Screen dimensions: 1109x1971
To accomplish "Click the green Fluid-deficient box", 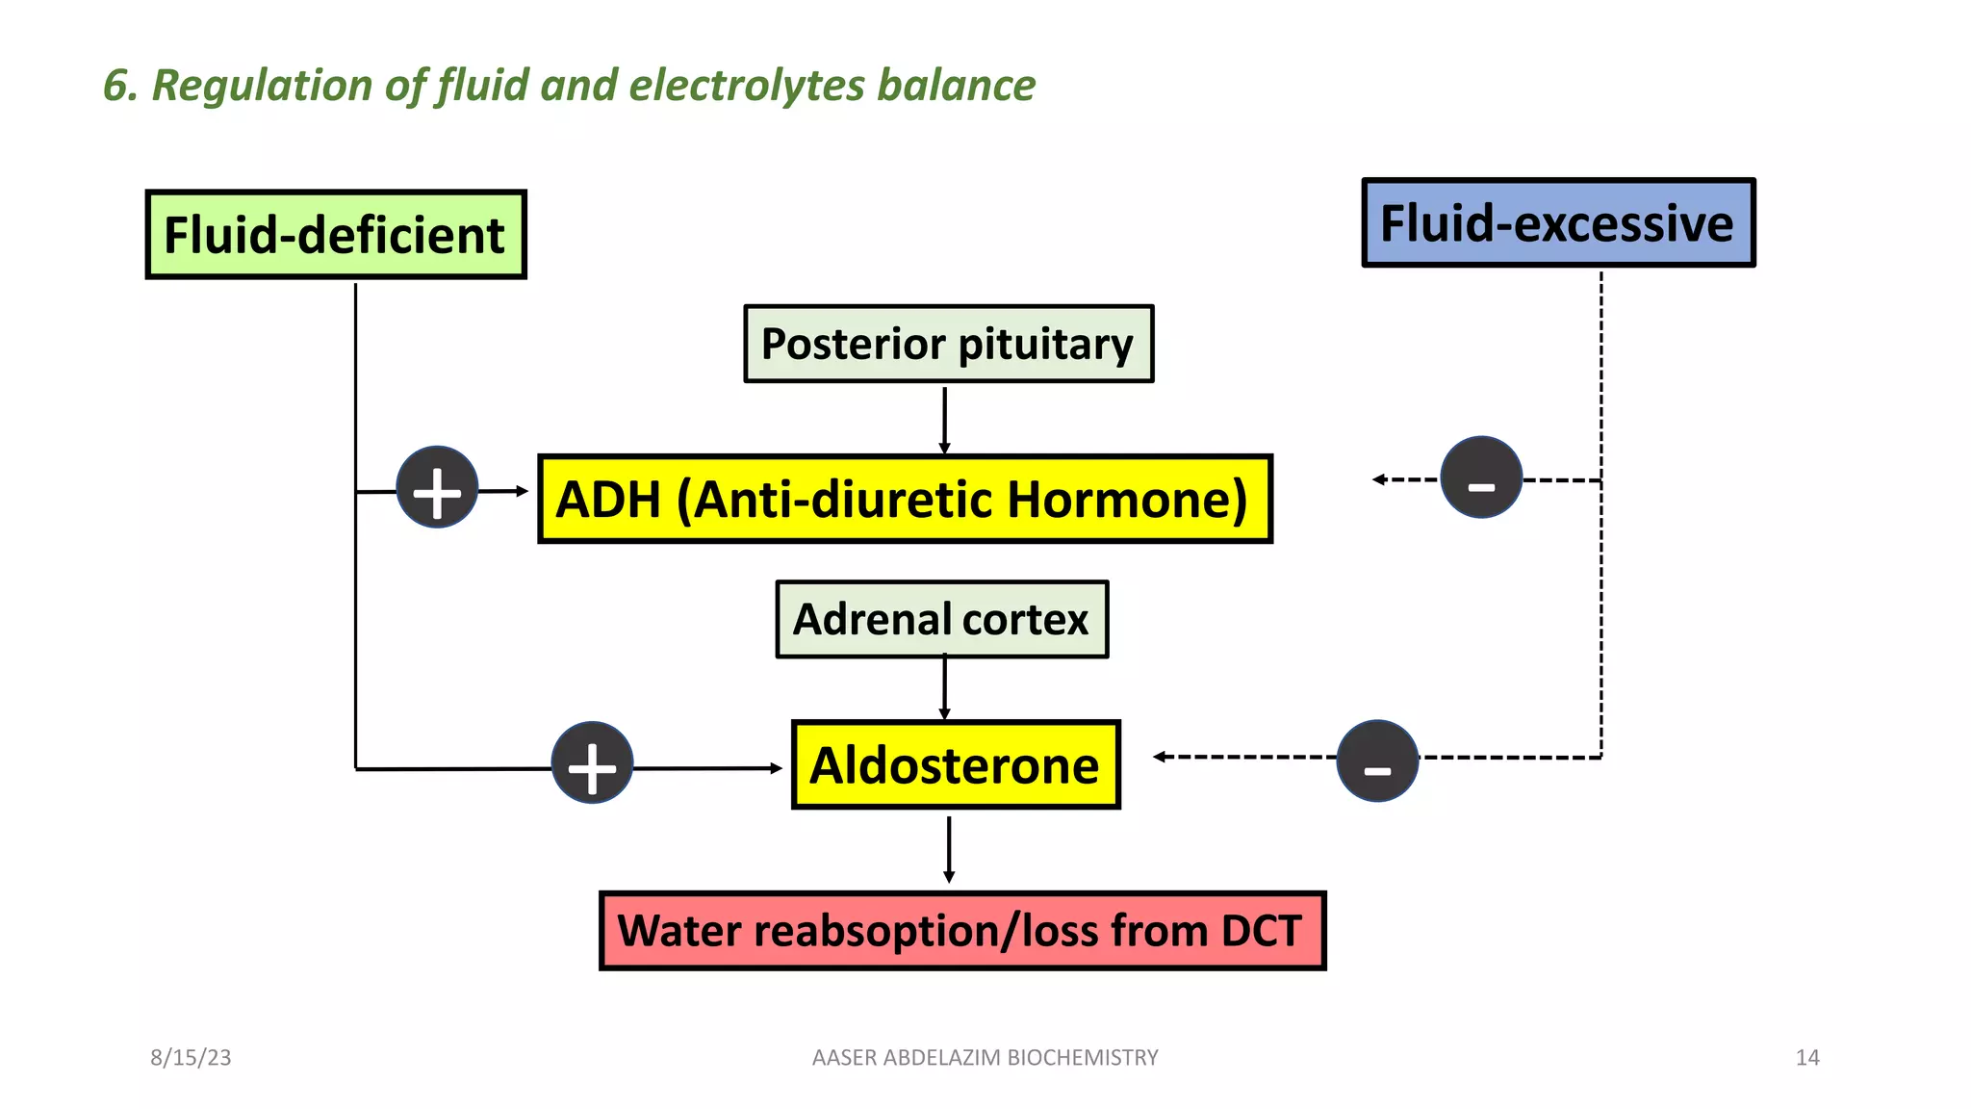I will (x=335, y=235).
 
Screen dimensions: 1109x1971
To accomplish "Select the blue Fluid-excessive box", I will (x=1558, y=223).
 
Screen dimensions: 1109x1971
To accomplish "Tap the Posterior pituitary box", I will (x=948, y=345).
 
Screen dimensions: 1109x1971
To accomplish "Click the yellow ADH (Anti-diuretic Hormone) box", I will (x=905, y=500).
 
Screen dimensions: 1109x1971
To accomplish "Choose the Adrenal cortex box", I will (x=941, y=620).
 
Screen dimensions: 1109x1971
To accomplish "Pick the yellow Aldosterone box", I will (x=955, y=765).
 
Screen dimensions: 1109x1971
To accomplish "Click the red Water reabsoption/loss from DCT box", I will (x=961, y=931).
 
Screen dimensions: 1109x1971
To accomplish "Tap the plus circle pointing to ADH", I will (x=437, y=488).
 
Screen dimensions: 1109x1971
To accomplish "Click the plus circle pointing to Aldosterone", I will (x=592, y=763).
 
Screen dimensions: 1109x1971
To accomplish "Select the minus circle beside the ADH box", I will (x=1480, y=478).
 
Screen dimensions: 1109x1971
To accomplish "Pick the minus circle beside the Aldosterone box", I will (x=1377, y=761).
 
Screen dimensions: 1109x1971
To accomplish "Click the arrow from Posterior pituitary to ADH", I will (x=944, y=420).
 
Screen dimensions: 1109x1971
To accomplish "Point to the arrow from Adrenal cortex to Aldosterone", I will (x=944, y=688).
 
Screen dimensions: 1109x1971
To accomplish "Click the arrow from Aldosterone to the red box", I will (x=949, y=849).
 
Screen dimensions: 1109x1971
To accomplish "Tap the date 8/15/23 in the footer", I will (x=191, y=1058).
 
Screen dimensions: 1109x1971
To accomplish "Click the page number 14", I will (x=1806, y=1058).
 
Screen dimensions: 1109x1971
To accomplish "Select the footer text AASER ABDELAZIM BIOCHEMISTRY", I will (x=985, y=1058).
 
